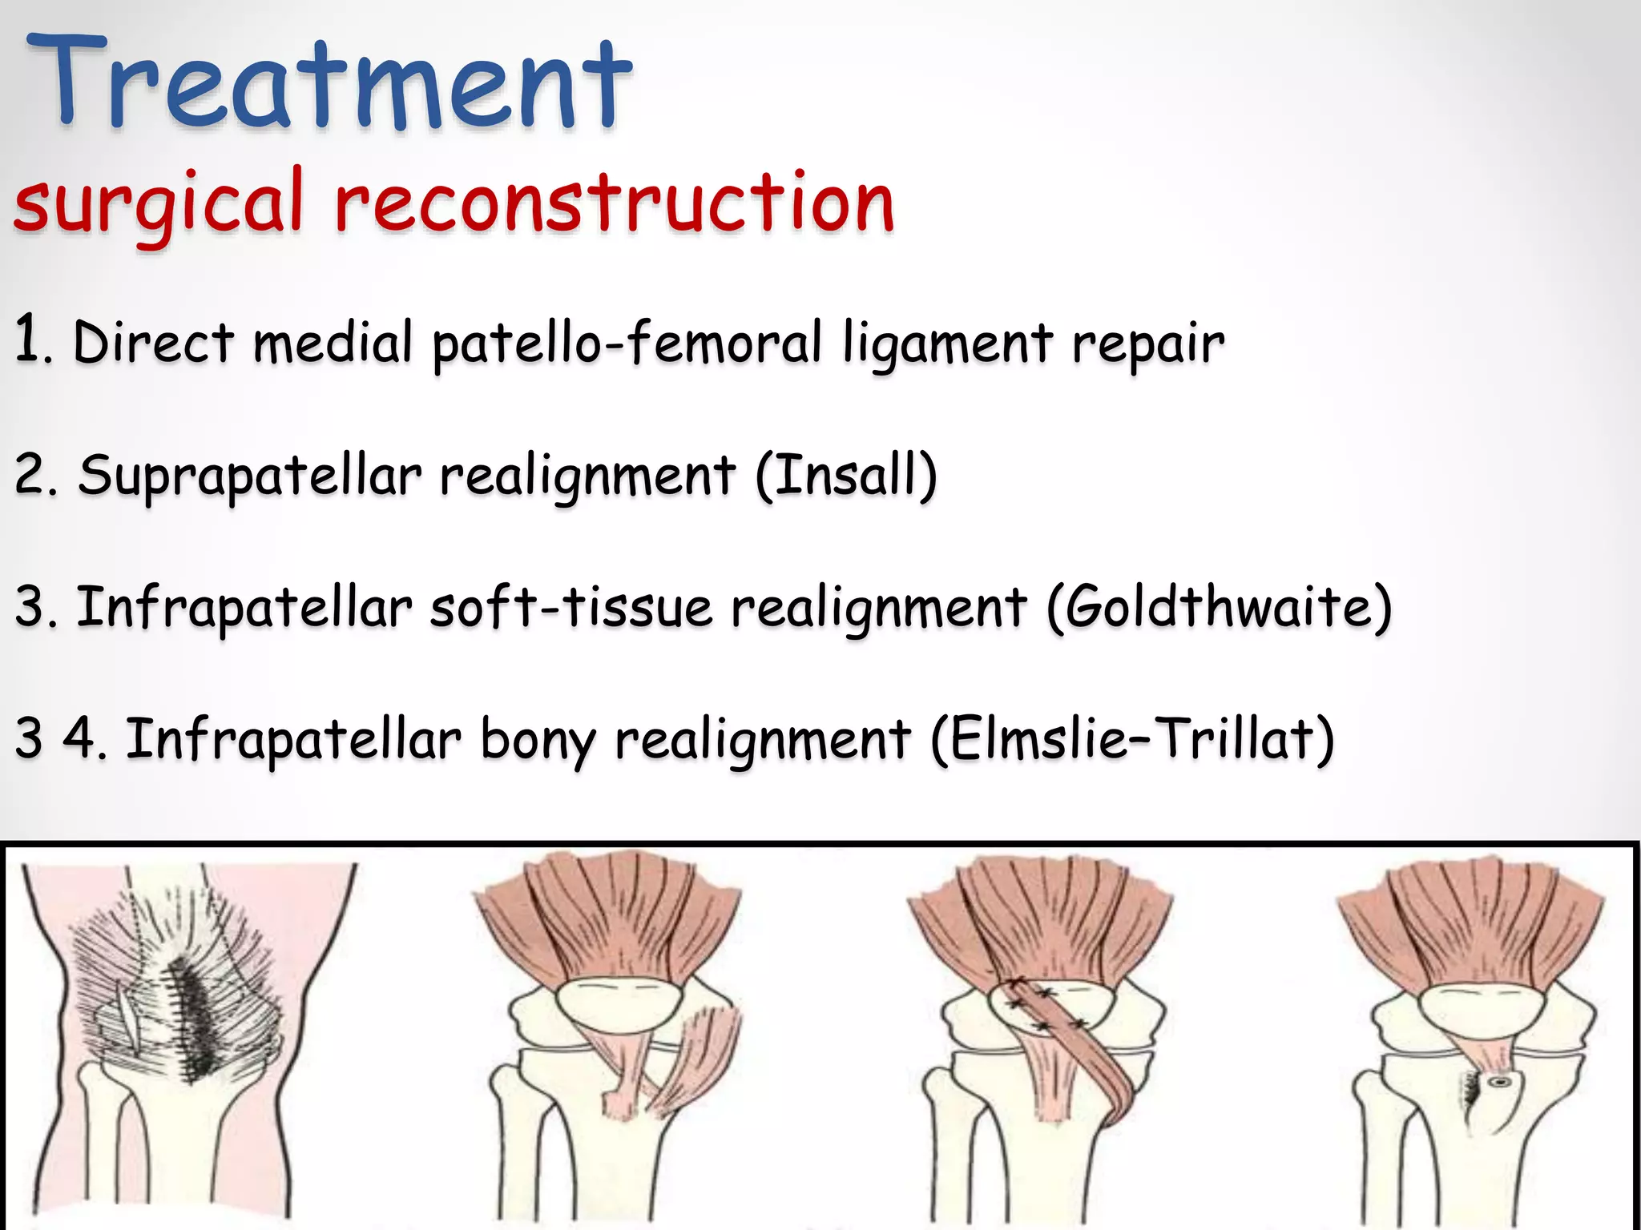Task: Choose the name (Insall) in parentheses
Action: click(845, 475)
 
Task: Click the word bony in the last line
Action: click(538, 740)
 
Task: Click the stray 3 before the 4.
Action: click(29, 738)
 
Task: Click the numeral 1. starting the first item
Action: click(32, 340)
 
